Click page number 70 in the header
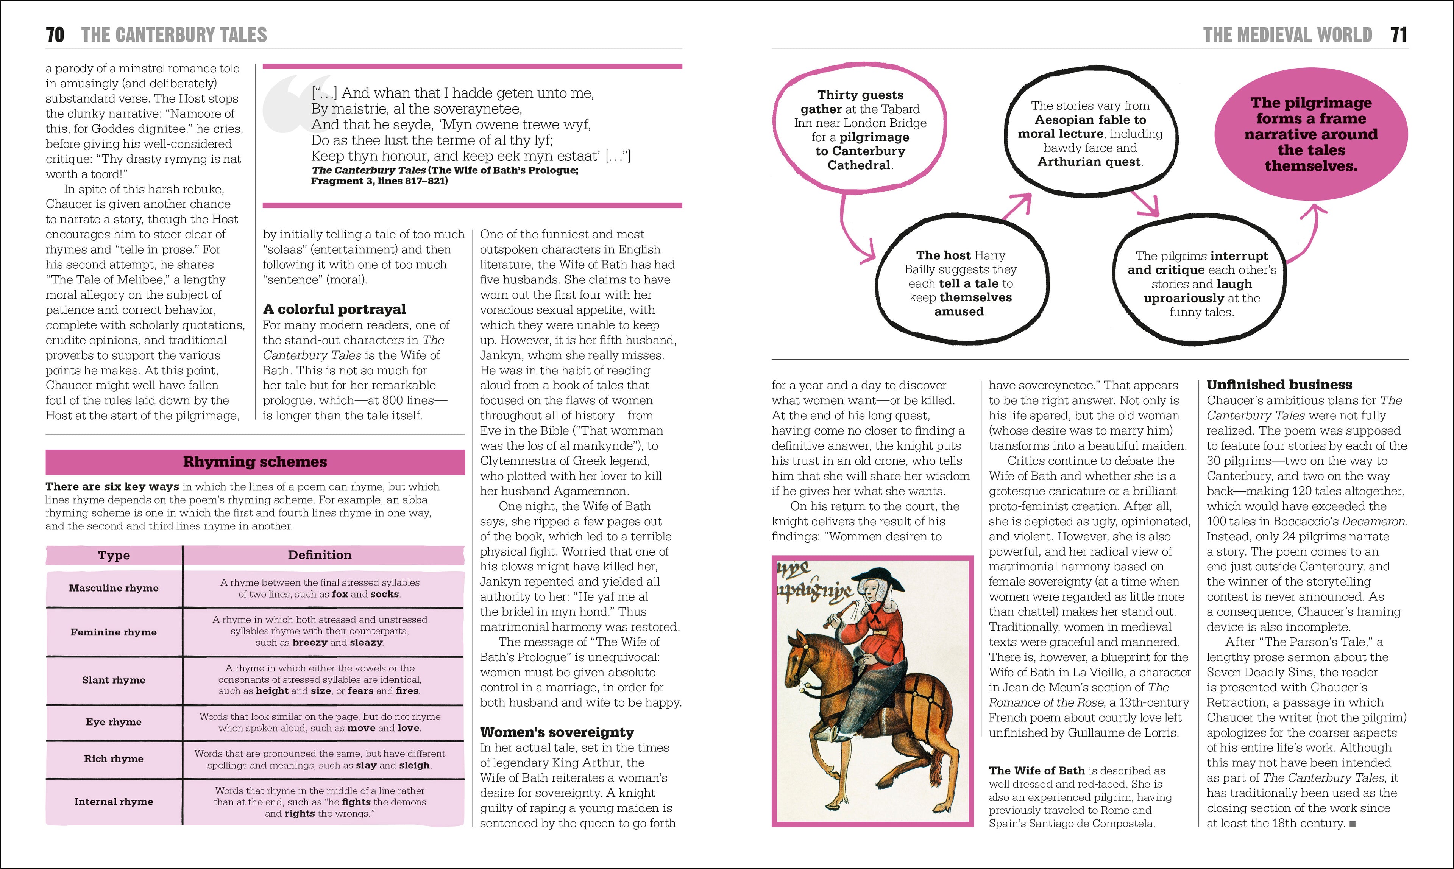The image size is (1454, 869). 55,35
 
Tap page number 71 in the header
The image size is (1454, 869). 1398,35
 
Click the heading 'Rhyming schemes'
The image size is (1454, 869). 255,462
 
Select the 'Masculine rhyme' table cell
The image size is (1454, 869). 114,588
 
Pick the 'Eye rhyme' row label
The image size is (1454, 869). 114,722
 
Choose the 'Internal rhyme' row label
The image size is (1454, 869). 114,802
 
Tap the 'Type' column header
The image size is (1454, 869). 114,555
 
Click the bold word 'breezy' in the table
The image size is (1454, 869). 310,642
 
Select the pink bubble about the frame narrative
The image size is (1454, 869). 1311,134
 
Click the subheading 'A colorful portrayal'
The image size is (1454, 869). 334,309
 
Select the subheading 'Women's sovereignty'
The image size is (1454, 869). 557,732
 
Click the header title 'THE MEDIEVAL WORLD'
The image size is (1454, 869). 1287,35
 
